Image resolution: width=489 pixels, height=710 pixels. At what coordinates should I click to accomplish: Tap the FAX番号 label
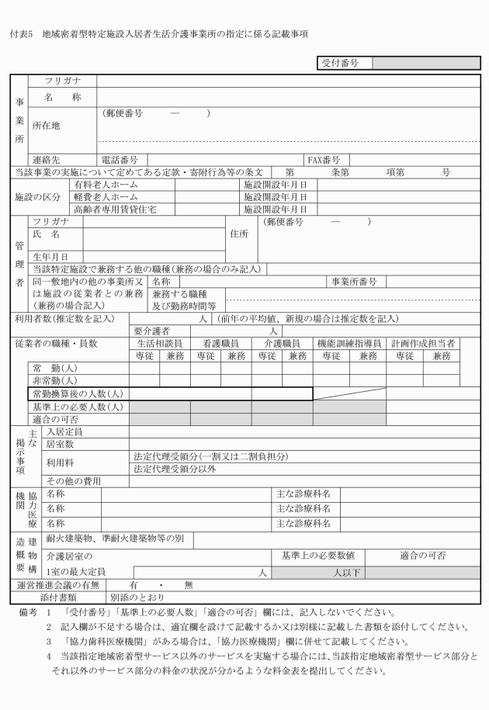click(x=324, y=160)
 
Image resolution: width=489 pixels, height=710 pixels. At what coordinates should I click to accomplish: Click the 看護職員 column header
click(x=220, y=343)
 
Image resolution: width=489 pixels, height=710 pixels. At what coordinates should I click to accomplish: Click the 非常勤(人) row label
click(x=54, y=381)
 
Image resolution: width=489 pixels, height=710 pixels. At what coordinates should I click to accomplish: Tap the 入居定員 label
click(x=64, y=431)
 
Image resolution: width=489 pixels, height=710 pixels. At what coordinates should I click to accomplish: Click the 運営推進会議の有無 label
click(x=56, y=585)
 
